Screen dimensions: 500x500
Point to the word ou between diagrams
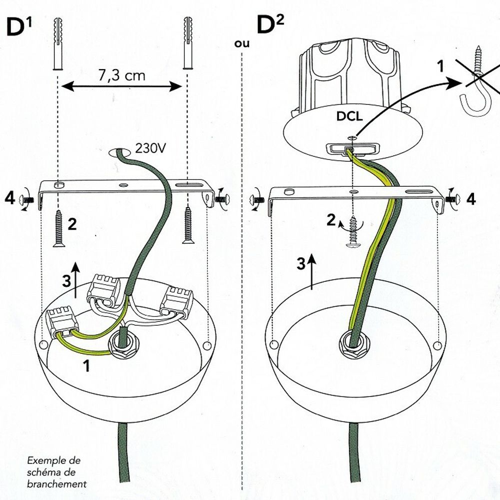point(241,44)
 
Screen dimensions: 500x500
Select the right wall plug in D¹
point(189,43)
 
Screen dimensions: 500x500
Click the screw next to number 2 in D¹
point(58,228)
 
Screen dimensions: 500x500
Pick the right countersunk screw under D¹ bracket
point(188,225)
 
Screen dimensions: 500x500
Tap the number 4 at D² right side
point(471,200)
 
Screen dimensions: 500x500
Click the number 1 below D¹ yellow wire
point(86,366)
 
